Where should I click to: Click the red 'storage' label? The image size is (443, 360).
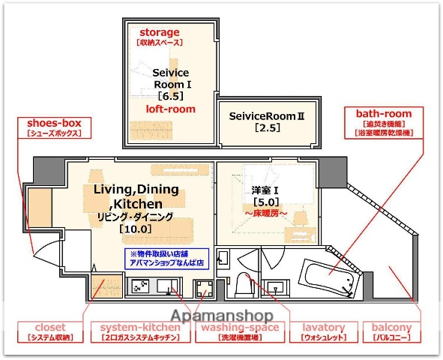pos(160,32)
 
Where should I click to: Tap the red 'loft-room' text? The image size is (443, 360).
pos(170,109)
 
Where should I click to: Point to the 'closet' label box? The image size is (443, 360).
pos(50,332)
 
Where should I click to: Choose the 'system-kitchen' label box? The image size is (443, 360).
pos(140,332)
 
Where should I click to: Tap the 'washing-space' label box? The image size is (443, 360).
pos(238,332)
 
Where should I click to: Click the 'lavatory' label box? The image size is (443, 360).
pos(324,332)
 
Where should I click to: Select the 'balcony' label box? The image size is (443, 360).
pos(391,332)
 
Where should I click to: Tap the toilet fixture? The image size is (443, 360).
pos(243,284)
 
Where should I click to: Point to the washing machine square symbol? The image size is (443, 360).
pos(202,289)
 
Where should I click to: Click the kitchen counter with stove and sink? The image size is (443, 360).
pos(154,286)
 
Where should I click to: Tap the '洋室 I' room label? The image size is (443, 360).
pos(267,189)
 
